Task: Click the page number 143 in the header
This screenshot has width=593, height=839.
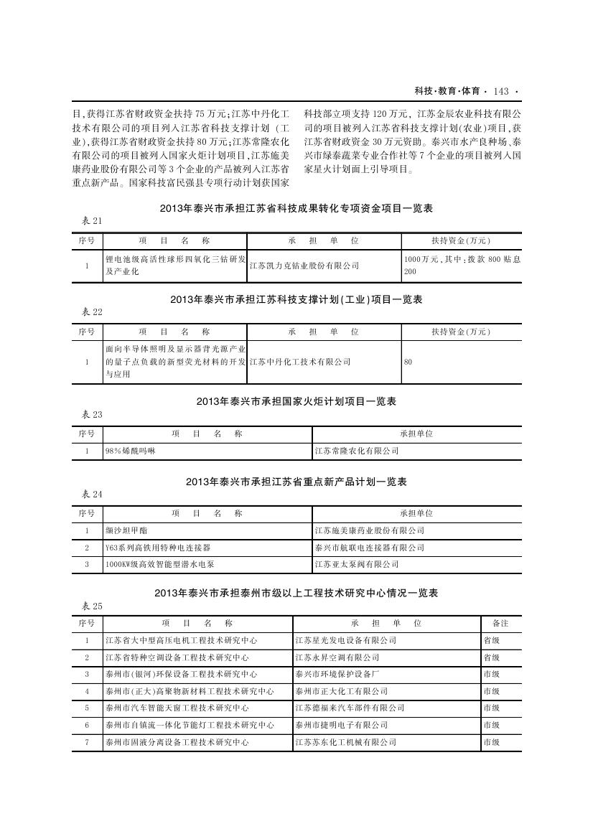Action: pos(501,91)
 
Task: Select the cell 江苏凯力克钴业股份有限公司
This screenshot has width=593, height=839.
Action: pos(304,266)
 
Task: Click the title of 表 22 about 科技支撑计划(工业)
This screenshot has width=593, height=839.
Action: pos(296,300)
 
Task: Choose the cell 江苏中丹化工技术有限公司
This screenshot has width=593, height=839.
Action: pos(300,362)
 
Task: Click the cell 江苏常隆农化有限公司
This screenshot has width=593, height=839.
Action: pos(357,451)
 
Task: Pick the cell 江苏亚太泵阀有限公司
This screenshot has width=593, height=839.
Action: pos(357,565)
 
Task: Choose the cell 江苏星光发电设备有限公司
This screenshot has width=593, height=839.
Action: pos(345,640)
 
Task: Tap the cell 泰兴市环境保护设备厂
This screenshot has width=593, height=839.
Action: pos(337,675)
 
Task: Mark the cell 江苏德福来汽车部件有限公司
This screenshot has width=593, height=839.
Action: pos(350,708)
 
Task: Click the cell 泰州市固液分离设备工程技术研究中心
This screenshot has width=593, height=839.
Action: pos(177,743)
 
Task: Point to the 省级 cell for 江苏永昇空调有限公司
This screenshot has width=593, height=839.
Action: pos(492,657)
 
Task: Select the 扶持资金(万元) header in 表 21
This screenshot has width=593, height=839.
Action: pos(460,240)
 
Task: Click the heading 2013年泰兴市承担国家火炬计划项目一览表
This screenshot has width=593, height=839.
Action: pos(296,402)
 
